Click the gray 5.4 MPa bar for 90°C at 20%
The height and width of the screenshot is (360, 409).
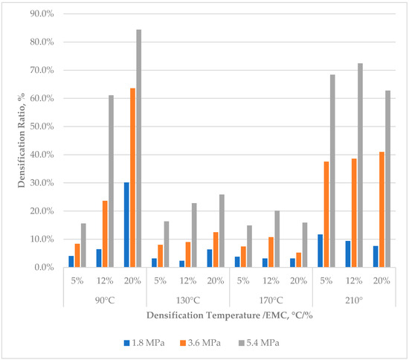[x=138, y=149]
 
